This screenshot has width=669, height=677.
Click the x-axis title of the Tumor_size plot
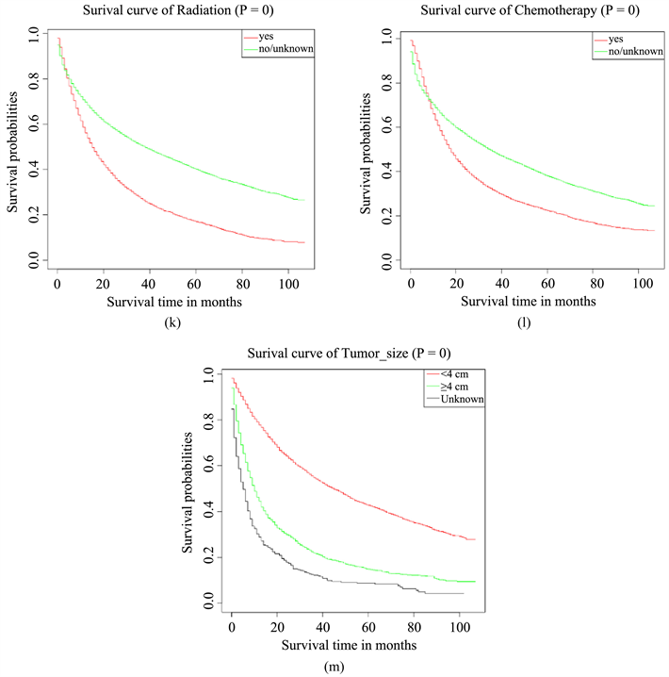[348, 646]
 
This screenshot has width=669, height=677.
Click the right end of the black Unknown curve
[464, 594]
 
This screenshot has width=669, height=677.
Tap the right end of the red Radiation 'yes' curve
[304, 242]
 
